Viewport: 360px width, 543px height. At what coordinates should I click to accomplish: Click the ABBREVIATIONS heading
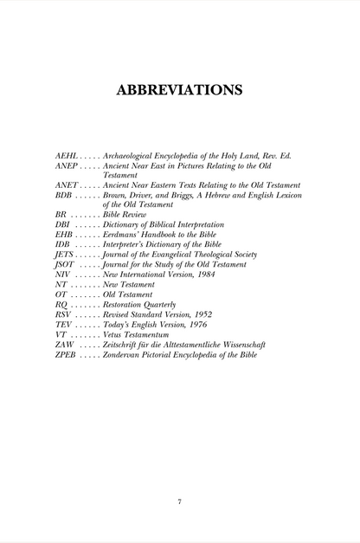tap(179, 89)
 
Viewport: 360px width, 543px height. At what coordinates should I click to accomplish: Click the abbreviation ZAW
tap(64, 344)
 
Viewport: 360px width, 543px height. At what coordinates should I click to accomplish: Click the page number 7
tap(179, 501)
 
